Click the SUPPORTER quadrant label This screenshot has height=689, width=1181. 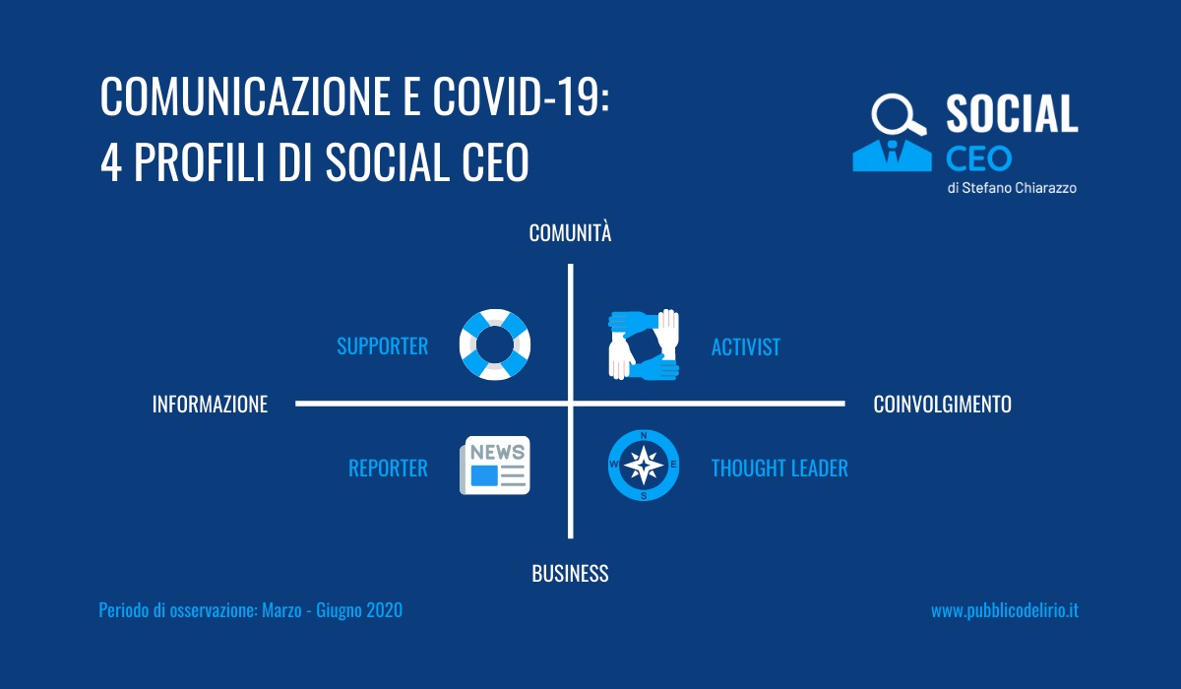point(382,346)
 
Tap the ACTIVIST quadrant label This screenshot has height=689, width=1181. point(746,347)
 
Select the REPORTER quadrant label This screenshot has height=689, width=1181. point(388,469)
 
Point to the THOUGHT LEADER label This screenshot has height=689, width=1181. point(779,469)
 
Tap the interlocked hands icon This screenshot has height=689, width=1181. point(644,344)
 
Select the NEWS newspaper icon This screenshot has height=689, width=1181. point(494,465)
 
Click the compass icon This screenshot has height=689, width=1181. point(644,465)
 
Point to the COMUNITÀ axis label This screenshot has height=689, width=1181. point(570,233)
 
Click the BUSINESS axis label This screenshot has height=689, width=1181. point(570,574)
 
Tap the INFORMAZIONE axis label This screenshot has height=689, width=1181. point(210,405)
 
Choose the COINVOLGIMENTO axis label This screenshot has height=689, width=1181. point(942,405)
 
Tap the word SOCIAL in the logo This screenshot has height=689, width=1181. point(1012,113)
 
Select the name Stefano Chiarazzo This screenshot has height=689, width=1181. point(1020,188)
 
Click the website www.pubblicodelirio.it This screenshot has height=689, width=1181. point(1005,610)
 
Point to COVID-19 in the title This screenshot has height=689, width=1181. point(521,95)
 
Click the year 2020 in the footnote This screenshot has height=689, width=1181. point(385,610)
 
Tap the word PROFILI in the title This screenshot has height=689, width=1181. point(199,161)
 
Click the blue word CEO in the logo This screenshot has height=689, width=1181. point(978,158)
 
